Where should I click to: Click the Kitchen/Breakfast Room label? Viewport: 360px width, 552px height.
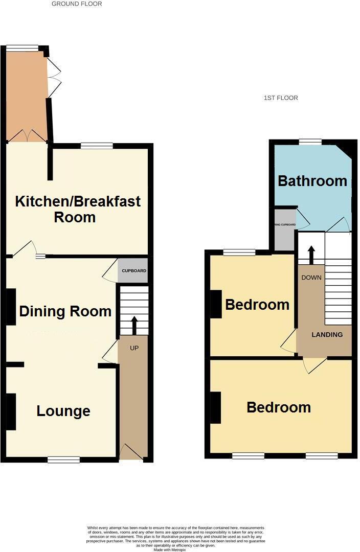(x=78, y=209)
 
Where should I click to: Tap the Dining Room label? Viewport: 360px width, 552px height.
(x=65, y=311)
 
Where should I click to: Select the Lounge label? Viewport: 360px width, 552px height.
(x=63, y=411)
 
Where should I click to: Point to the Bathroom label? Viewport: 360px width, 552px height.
(x=312, y=181)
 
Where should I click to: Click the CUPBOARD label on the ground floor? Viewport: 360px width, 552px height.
(x=134, y=271)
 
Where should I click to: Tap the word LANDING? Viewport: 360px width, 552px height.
(x=327, y=335)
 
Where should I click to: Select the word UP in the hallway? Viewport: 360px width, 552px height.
(x=134, y=348)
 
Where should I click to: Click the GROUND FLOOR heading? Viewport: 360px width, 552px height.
(x=77, y=4)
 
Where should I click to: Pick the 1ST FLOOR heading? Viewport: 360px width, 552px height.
(x=281, y=98)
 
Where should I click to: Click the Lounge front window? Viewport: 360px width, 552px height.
(x=63, y=459)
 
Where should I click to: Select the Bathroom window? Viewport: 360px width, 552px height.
(x=307, y=142)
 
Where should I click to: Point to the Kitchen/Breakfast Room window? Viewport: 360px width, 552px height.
(x=97, y=146)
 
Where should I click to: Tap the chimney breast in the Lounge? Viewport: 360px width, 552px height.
(x=11, y=411)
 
